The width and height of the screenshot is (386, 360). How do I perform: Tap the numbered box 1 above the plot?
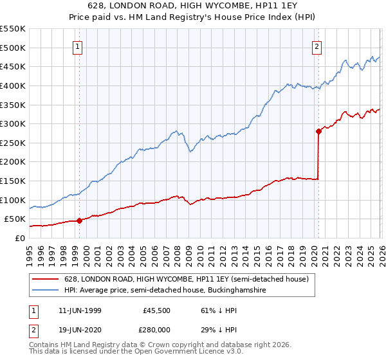click(77, 46)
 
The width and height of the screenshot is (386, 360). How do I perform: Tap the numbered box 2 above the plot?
click(317, 46)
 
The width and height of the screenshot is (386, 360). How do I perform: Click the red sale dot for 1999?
click(79, 221)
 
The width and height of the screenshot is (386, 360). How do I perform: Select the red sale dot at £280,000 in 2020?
click(318, 131)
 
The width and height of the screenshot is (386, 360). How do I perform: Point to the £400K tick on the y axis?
click(13, 85)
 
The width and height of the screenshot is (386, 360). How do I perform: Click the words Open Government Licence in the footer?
click(193, 353)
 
